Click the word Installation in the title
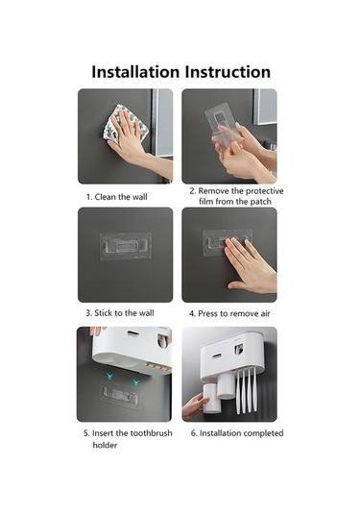[x=135, y=72]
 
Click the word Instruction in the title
[x=228, y=72]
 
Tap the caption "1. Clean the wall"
[x=116, y=197]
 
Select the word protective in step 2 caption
[x=264, y=191]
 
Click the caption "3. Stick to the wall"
[x=120, y=313]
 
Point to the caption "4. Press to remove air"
[x=229, y=314]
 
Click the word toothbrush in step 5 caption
[x=151, y=433]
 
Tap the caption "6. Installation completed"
[x=237, y=433]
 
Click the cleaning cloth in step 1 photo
[x=126, y=125]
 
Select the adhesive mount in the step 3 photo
[x=126, y=246]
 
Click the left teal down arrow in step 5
[x=109, y=377]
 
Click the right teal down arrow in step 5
[x=135, y=381]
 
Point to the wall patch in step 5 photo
[x=120, y=395]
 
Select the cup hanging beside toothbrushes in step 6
[x=227, y=386]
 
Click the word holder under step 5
[x=105, y=445]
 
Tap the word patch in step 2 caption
[x=261, y=201]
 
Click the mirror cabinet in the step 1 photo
[x=162, y=123]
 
